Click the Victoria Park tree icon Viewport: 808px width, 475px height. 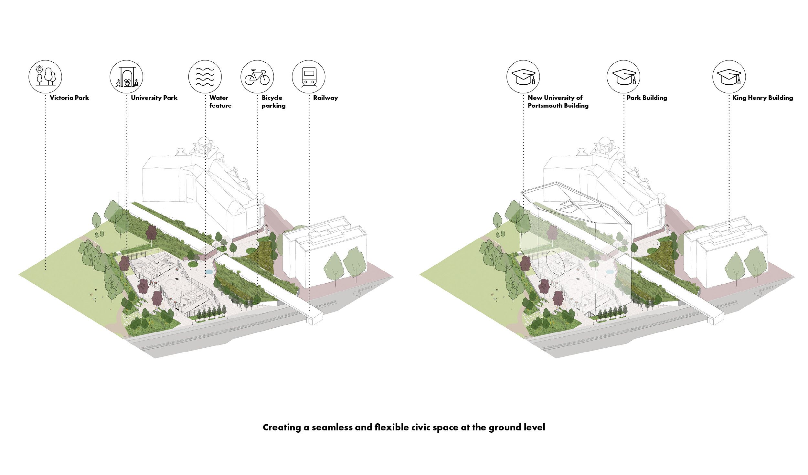[45, 77]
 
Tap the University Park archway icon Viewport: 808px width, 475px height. [126, 77]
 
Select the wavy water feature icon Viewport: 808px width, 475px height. [205, 77]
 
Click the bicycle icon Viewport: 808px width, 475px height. [257, 77]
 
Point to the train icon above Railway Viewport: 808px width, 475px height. [309, 77]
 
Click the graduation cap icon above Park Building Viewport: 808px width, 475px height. [623, 77]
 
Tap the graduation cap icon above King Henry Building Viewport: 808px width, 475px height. [729, 77]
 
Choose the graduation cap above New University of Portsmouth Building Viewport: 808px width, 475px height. [523, 77]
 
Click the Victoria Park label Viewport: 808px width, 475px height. [69, 98]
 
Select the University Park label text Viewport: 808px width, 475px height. [154, 98]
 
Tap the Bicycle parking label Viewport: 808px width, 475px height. [274, 102]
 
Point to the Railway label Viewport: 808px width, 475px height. [325, 98]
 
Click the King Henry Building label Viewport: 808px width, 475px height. [763, 98]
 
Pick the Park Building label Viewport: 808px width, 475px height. [647, 98]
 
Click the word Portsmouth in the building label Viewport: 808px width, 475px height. [544, 106]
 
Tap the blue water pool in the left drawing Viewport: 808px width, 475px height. [209, 272]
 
